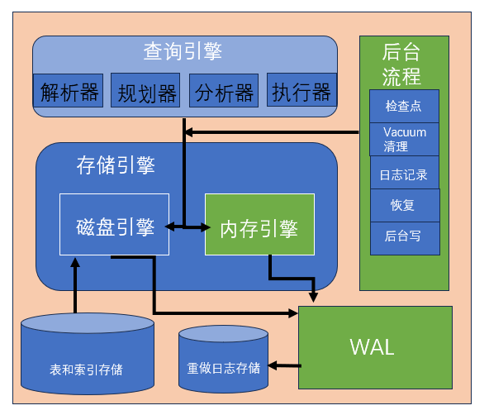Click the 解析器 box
(x=69, y=91)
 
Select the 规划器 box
(x=145, y=91)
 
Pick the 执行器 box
(x=301, y=91)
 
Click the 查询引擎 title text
(x=183, y=52)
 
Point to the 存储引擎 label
(x=116, y=165)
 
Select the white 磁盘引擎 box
(x=114, y=224)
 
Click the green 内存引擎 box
(x=259, y=224)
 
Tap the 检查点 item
(x=403, y=106)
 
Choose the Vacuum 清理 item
(x=404, y=139)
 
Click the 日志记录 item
(x=403, y=174)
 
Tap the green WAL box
(x=375, y=347)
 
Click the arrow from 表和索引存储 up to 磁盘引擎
(x=75, y=285)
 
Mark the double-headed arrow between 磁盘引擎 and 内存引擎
(x=187, y=227)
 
